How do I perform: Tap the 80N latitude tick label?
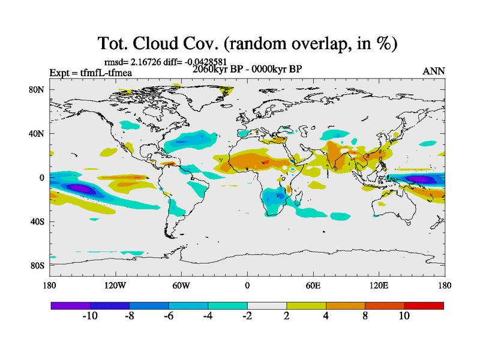[x=37, y=89]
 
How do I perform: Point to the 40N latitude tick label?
[x=37, y=133]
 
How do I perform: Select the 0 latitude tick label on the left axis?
[x=42, y=178]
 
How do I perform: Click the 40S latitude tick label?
[x=37, y=221]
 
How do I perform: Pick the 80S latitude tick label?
[x=37, y=265]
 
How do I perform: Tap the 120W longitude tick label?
[x=115, y=286]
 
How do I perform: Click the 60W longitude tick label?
[x=181, y=286]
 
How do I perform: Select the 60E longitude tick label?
[x=313, y=286]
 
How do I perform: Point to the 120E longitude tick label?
[x=378, y=286]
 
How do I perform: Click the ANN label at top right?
[x=433, y=71]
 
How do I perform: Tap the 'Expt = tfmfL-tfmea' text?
[x=91, y=73]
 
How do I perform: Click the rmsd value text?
[x=165, y=61]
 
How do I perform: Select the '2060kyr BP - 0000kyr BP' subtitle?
[x=247, y=68]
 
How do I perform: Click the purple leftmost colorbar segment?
[x=70, y=305]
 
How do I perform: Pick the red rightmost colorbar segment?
[x=424, y=305]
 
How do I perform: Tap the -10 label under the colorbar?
[x=89, y=316]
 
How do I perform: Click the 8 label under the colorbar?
[x=365, y=316]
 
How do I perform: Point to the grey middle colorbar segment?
[x=266, y=305]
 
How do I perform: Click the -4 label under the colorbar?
[x=207, y=316]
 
